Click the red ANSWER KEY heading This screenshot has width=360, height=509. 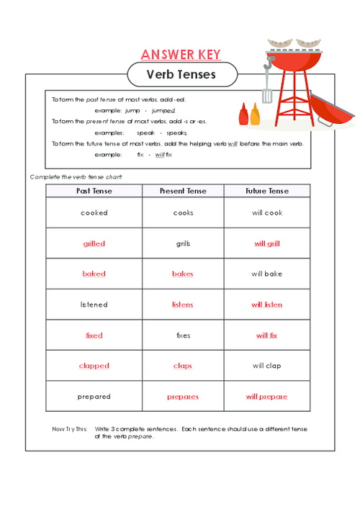[x=181, y=55]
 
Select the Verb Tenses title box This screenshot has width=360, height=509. [x=181, y=74]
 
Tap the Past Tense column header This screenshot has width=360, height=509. [x=94, y=191]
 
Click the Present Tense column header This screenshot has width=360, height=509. [x=183, y=191]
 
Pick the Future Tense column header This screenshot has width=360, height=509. [x=267, y=191]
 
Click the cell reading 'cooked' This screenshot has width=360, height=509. [x=94, y=213]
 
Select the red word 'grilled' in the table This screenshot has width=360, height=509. [x=94, y=244]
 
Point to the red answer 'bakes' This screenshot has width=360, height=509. [x=183, y=274]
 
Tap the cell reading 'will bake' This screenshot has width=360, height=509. [x=267, y=274]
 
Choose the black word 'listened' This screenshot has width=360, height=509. [x=94, y=305]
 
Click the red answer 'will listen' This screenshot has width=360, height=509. [x=267, y=305]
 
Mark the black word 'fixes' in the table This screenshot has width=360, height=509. [x=183, y=335]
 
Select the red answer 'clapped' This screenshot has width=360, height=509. [x=94, y=366]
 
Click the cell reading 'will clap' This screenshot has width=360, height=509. [x=267, y=366]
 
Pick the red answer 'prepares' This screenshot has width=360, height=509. [x=183, y=397]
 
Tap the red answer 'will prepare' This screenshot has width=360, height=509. [x=267, y=397]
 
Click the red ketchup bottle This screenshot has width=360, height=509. [x=244, y=114]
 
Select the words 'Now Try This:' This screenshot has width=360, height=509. [x=70, y=429]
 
